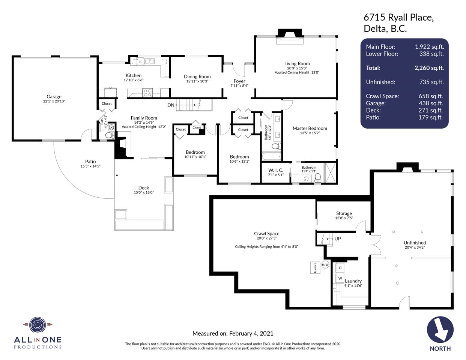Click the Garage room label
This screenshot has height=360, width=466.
click(x=54, y=96)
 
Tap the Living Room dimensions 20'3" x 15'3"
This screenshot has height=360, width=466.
click(x=297, y=68)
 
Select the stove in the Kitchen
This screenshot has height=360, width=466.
click(x=147, y=93)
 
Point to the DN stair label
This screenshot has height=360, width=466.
click(x=171, y=105)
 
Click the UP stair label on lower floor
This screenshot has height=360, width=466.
click(x=338, y=239)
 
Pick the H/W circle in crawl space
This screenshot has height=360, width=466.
click(x=325, y=265)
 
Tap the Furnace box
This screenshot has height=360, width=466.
click(x=315, y=268)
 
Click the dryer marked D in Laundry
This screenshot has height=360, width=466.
click(x=340, y=268)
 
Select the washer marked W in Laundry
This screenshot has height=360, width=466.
click(x=340, y=279)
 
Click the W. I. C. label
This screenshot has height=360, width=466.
click(x=276, y=170)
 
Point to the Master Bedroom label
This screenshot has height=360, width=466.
click(x=310, y=128)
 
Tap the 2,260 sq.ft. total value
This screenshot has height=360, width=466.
click(x=429, y=68)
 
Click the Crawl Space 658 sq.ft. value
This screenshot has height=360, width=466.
click(x=431, y=96)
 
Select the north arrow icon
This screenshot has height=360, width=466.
click(x=440, y=329)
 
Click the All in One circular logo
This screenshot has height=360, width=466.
click(x=38, y=325)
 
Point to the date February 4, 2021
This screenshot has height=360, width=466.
click(x=251, y=333)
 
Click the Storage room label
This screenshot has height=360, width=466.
click(x=344, y=213)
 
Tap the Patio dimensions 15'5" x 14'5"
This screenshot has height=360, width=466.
click(x=90, y=166)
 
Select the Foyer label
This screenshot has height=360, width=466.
click(x=239, y=81)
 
